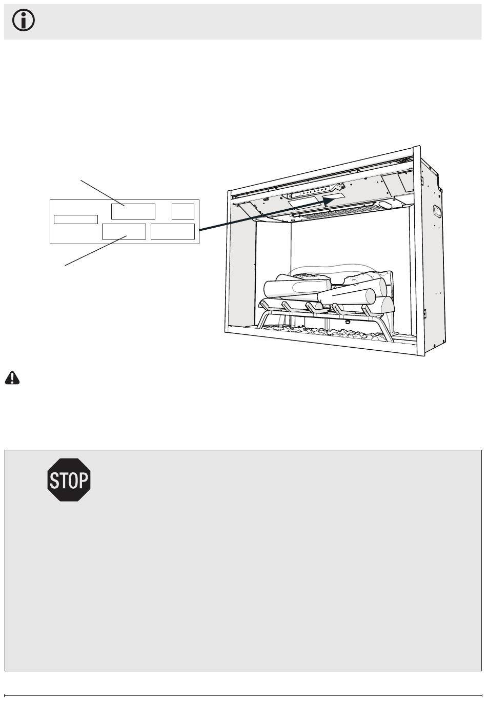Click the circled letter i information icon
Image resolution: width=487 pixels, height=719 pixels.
tap(24, 20)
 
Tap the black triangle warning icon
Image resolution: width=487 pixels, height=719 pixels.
tap(12, 378)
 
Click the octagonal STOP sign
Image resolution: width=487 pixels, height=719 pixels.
tap(69, 480)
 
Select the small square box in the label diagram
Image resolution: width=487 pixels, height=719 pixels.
tap(183, 211)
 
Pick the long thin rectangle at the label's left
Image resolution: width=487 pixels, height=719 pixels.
tap(76, 219)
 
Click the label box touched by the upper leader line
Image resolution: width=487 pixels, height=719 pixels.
tap(133, 211)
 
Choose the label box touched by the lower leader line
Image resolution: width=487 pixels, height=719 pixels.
tap(124, 231)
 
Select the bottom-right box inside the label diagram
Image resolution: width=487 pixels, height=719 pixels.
tap(173, 231)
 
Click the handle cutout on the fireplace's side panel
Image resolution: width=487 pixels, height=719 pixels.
tap(437, 211)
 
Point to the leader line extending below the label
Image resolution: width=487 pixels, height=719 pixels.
tap(96, 250)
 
